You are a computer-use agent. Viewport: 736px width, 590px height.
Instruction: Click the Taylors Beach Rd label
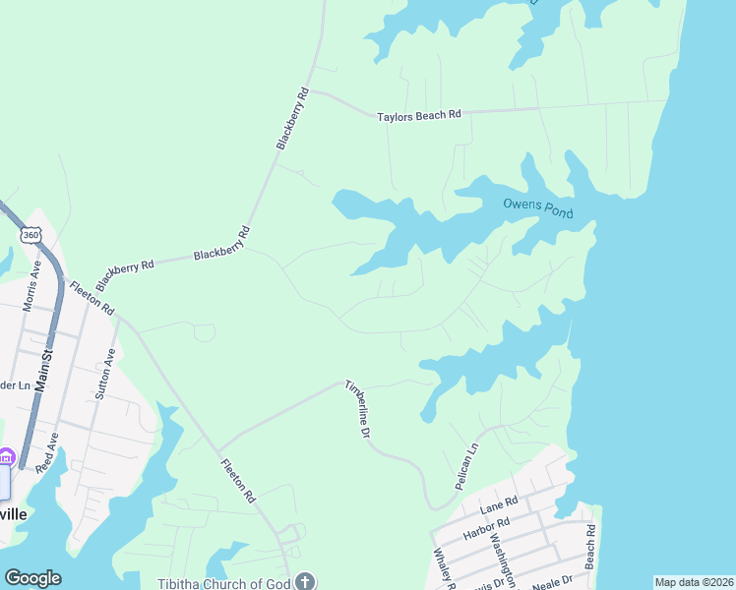click(419, 116)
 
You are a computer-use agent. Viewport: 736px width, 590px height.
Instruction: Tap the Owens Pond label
click(537, 207)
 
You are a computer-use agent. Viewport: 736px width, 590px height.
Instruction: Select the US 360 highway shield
click(31, 234)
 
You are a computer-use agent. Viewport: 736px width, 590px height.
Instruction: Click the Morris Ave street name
click(32, 286)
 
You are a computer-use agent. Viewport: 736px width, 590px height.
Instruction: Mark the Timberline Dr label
click(358, 408)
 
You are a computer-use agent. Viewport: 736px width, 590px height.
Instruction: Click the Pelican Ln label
click(466, 467)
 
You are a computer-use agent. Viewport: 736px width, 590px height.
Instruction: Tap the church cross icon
click(305, 581)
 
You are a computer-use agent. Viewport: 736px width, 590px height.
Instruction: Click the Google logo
click(32, 578)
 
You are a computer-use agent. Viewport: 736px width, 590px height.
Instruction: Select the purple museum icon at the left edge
click(6, 456)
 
